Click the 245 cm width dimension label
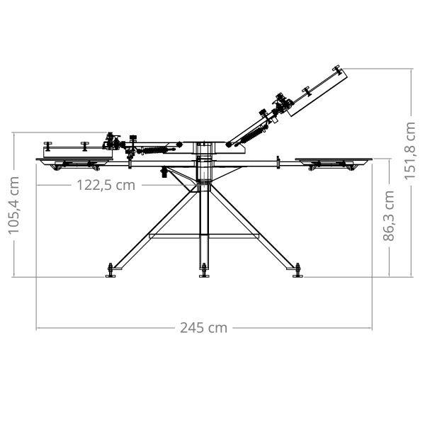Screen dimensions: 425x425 click(x=204, y=328)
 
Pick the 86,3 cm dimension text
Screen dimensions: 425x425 click(x=389, y=216)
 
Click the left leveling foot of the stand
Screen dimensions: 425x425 click(x=110, y=271)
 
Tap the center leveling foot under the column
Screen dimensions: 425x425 click(x=205, y=271)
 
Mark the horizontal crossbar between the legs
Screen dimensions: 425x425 click(x=204, y=237)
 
